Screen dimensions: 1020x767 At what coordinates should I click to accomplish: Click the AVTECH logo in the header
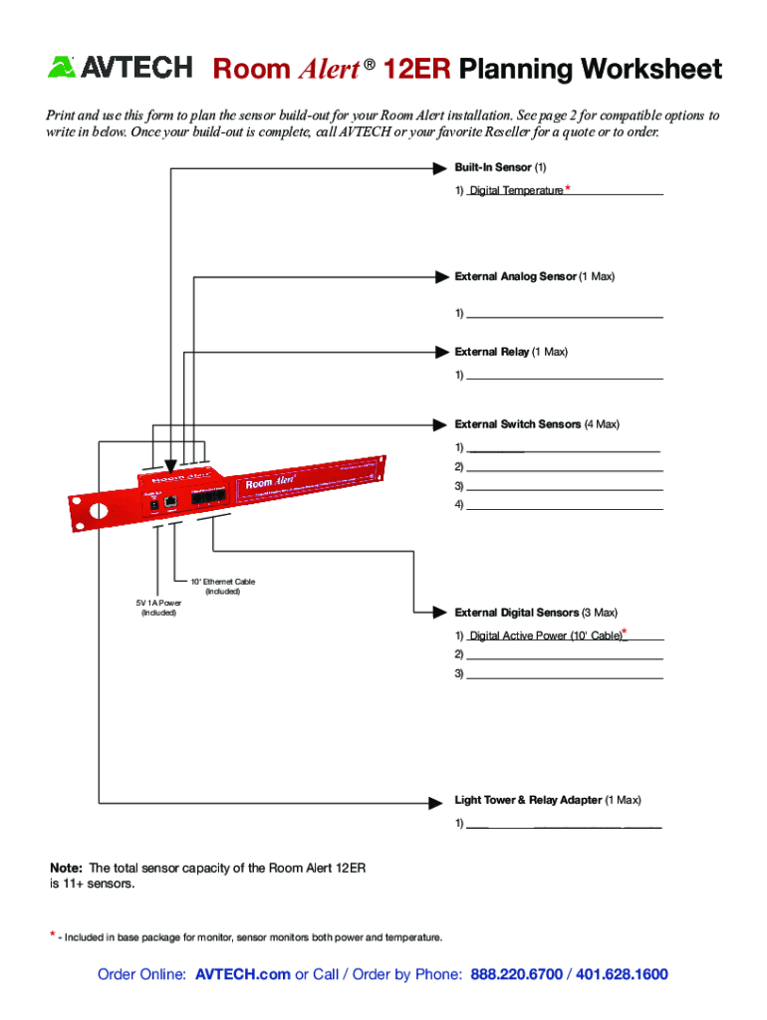(120, 68)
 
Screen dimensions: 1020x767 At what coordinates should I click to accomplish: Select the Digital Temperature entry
(516, 190)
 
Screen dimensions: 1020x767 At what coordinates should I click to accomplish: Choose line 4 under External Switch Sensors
(564, 506)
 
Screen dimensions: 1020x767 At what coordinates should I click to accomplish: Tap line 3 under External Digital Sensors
(564, 674)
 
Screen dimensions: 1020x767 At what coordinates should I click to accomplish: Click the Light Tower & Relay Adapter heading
(528, 800)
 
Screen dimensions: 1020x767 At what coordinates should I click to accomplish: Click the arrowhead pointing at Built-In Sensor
(437, 167)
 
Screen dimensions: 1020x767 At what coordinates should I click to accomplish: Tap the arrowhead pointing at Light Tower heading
(435, 801)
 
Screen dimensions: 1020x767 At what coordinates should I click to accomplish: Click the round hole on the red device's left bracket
(98, 511)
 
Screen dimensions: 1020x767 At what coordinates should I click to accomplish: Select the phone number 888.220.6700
(516, 974)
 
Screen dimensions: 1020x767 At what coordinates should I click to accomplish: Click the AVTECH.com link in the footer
(243, 974)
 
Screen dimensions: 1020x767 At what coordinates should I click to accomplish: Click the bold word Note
(67, 868)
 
